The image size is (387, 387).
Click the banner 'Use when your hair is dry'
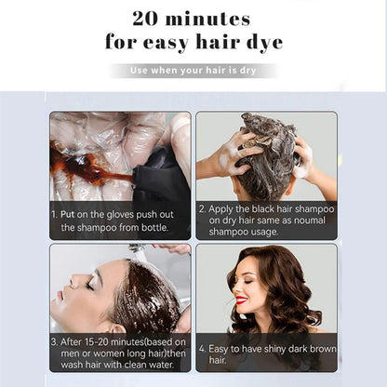coord(193,71)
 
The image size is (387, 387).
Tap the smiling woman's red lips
coord(241,300)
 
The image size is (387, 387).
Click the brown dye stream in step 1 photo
coord(88,172)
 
